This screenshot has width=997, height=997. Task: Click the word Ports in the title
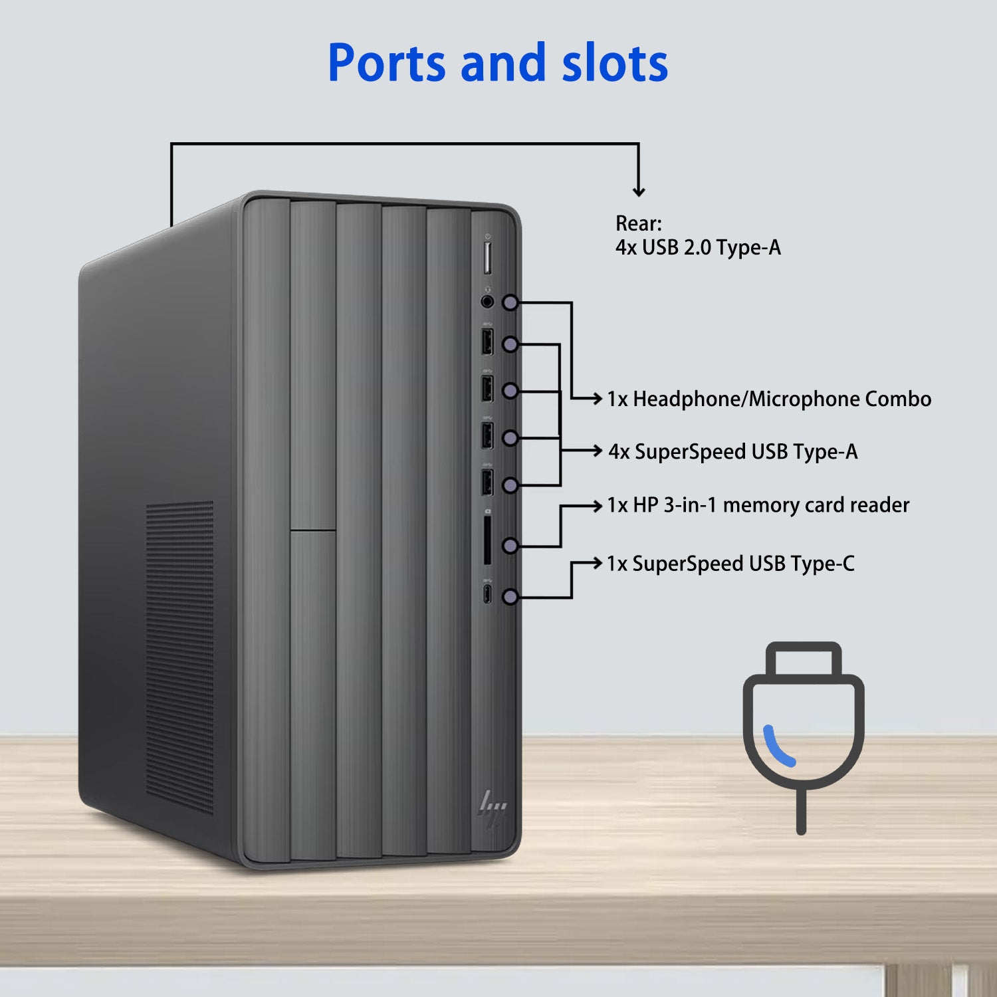tap(387, 64)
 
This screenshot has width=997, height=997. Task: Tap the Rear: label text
tap(638, 223)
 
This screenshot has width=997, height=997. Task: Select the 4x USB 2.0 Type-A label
tap(698, 248)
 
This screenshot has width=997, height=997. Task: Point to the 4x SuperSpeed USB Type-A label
tap(733, 452)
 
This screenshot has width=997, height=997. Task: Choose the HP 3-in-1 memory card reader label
tap(758, 505)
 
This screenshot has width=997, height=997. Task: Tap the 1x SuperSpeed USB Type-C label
tap(730, 564)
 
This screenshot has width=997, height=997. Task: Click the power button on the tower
tap(487, 258)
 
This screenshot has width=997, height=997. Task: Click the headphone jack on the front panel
tap(488, 302)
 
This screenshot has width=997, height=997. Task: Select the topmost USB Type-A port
tap(487, 342)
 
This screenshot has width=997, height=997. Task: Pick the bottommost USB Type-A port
tap(487, 482)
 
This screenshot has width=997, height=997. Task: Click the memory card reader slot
tap(488, 540)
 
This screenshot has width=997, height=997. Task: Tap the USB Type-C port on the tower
tap(488, 594)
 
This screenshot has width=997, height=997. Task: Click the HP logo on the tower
tap(493, 808)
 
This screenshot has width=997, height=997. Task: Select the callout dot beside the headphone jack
tap(510, 303)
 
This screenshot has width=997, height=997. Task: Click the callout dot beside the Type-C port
tap(510, 597)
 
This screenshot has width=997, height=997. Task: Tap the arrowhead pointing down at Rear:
tap(639, 192)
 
